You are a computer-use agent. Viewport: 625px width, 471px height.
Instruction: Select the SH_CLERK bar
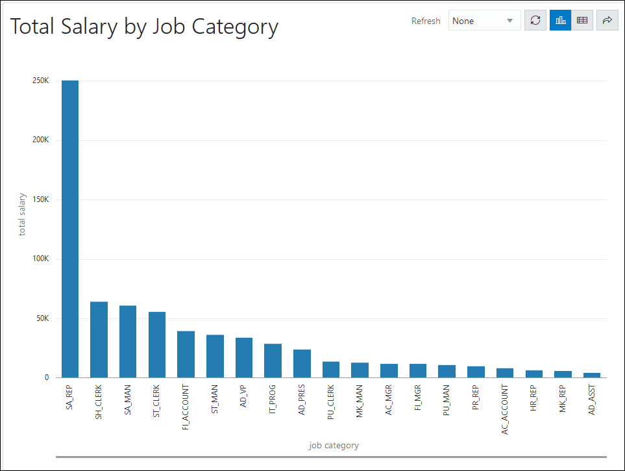point(99,340)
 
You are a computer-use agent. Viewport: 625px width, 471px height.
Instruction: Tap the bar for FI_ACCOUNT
point(186,354)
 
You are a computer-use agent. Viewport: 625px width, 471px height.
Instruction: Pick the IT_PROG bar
point(273,361)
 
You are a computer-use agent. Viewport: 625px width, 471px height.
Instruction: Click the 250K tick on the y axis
point(40,81)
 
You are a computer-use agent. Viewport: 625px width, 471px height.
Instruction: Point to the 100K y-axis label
point(40,259)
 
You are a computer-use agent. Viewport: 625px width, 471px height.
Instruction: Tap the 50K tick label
point(42,318)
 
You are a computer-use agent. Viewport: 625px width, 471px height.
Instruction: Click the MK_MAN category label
point(360,401)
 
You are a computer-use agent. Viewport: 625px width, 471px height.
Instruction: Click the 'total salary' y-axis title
point(22,214)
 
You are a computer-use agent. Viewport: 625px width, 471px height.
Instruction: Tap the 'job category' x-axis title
point(334,446)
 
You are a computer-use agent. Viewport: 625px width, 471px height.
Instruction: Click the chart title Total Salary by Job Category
point(144,27)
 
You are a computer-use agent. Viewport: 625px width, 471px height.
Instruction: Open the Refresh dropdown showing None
point(484,21)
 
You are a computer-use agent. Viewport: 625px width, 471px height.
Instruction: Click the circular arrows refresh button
point(535,21)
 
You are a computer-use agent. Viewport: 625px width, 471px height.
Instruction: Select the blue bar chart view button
point(560,21)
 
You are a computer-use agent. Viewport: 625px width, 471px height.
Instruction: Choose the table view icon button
point(582,21)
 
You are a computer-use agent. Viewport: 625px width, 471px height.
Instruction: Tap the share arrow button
point(607,21)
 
